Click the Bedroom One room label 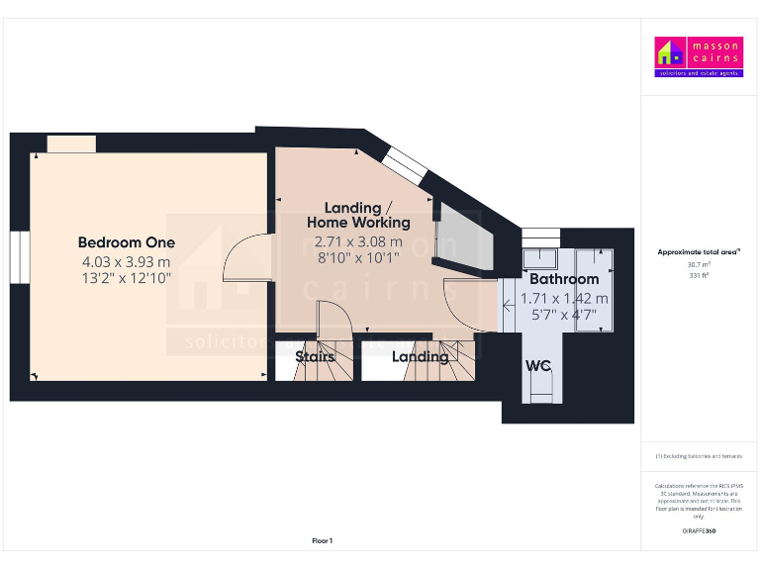127,242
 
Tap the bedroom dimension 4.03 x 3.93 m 127,262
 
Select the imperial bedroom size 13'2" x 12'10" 127,279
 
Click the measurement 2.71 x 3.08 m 357,241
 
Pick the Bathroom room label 563,279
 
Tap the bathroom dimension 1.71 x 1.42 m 564,298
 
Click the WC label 538,366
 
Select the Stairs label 315,356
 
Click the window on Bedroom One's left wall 17,258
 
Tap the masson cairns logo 699,57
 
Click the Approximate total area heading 699,252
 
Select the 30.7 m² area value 699,264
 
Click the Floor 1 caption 322,541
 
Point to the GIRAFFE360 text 699,531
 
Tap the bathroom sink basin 540,259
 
